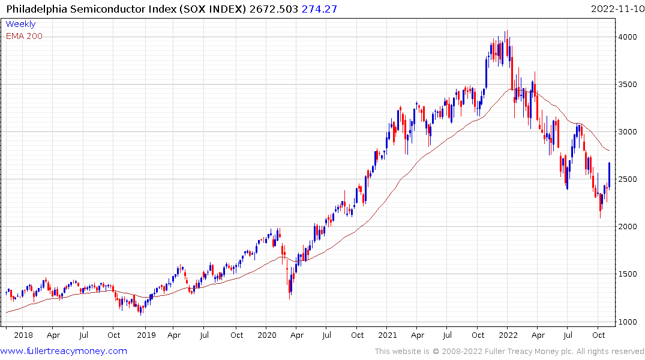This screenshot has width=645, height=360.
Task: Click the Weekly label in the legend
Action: pos(20,25)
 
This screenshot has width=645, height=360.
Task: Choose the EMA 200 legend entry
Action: pos(24,36)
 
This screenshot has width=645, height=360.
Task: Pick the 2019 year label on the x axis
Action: pos(146,335)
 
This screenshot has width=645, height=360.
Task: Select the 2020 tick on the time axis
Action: pos(267,335)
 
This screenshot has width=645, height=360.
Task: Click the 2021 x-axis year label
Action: pos(388,335)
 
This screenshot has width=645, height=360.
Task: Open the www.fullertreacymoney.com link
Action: pos(64,351)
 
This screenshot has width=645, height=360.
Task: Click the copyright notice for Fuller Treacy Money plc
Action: pos(509,352)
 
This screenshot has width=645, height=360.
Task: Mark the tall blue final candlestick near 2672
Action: pos(610,175)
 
